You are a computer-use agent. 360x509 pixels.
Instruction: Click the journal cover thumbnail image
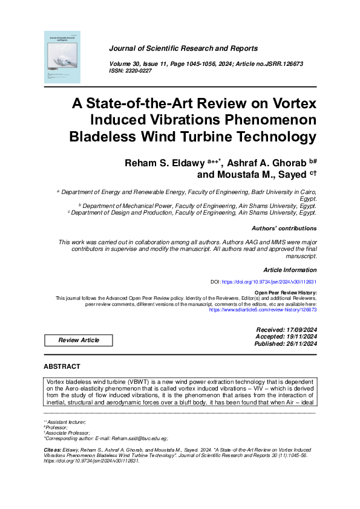point(62,57)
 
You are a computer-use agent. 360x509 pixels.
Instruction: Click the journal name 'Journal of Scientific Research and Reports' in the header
point(183,48)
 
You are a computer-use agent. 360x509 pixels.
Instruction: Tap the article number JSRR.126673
point(280,63)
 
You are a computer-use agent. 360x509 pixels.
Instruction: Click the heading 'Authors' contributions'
point(284,229)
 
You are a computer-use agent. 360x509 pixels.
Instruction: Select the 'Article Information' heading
point(290,270)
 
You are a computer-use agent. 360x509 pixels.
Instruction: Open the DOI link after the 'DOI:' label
point(269,282)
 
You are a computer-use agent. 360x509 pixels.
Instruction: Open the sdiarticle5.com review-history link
point(263,309)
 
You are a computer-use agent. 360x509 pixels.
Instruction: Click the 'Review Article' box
point(79,340)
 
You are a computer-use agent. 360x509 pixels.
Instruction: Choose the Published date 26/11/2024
point(297,344)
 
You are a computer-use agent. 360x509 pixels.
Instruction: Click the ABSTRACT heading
point(62,367)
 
